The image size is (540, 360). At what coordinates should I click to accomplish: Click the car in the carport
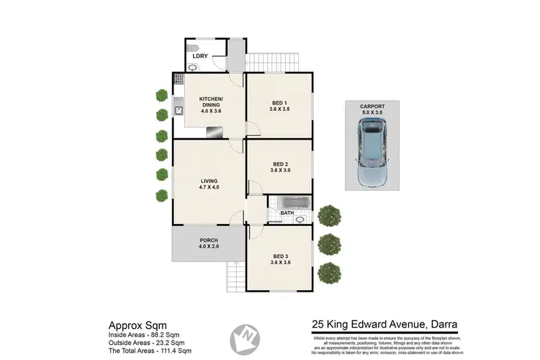(372, 152)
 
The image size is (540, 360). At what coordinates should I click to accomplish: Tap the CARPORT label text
(372, 107)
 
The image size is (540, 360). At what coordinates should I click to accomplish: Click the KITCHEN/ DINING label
(212, 102)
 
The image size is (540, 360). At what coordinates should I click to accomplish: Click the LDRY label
(199, 55)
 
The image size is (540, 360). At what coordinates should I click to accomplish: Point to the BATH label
(286, 213)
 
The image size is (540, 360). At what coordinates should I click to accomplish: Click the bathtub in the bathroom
(287, 202)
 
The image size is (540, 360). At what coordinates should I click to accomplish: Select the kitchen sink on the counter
(177, 110)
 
